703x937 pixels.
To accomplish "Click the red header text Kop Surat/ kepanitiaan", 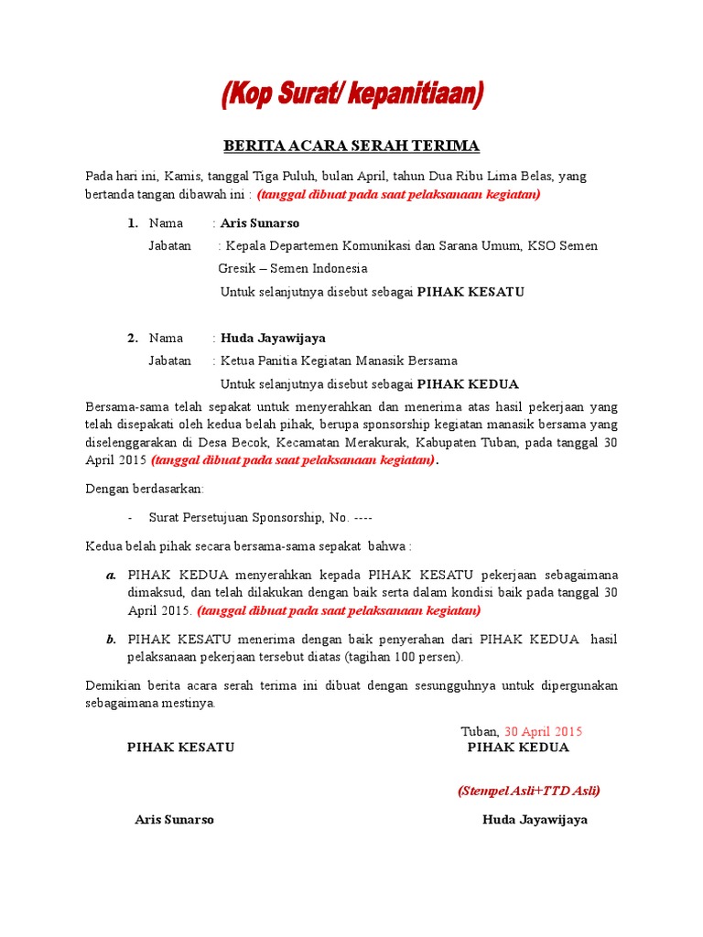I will [351, 95].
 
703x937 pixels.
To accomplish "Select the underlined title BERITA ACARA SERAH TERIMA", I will [351, 146].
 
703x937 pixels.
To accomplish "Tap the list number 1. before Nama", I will [133, 223].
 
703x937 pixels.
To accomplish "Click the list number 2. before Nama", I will [133, 338].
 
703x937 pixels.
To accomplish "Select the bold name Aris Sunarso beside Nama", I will [260, 223].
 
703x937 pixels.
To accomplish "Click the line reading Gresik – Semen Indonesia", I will [293, 269].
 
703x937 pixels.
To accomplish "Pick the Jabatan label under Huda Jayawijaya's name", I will [170, 361].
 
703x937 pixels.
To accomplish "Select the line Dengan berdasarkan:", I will [145, 490].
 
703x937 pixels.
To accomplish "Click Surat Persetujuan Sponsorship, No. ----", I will [260, 518].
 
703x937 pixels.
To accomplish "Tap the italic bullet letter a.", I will [111, 576].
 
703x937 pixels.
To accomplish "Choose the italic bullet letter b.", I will [111, 640].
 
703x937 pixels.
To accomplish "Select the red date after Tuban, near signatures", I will [543, 731].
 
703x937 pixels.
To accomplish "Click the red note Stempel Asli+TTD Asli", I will [529, 791].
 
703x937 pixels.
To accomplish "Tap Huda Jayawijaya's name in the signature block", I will [535, 819].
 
